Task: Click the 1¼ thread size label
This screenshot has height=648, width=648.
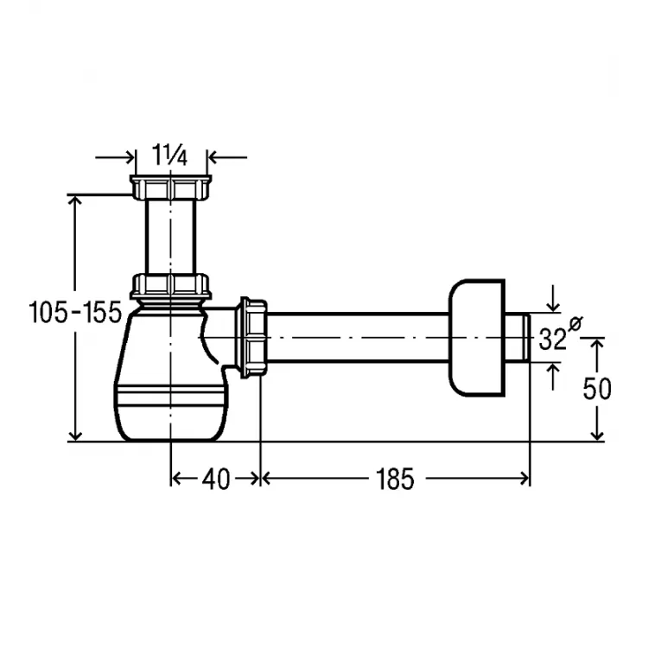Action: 170,156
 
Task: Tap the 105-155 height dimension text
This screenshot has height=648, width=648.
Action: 76,312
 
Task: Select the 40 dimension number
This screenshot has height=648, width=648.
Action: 216,480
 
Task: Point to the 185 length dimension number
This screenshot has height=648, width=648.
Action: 395,480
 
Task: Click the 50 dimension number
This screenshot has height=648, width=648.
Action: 597,389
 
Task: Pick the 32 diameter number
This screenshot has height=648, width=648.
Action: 552,340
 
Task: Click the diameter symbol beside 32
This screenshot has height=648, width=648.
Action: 575,323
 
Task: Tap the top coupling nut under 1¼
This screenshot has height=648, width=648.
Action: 171,187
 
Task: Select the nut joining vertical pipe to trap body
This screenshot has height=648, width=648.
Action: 171,286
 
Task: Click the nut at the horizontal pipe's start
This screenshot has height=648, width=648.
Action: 251,337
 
